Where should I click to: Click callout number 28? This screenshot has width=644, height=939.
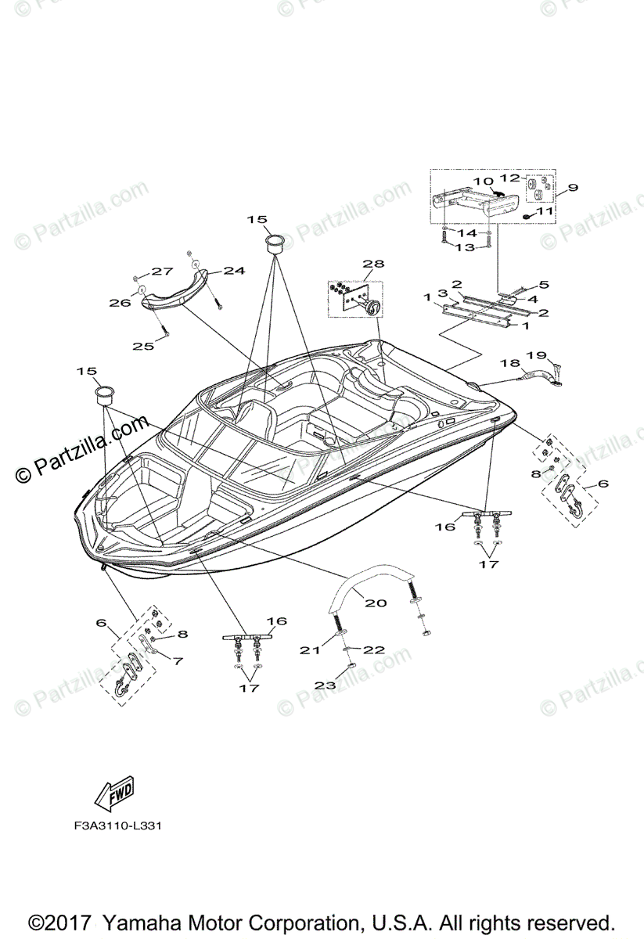(374, 264)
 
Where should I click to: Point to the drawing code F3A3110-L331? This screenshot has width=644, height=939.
(119, 826)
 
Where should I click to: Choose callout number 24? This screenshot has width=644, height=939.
(234, 271)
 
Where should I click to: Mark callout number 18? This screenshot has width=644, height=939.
(509, 363)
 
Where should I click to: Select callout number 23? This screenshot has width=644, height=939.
(325, 685)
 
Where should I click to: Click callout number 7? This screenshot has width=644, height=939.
(178, 660)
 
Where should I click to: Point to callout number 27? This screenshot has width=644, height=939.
(162, 272)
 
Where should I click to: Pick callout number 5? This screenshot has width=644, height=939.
(544, 285)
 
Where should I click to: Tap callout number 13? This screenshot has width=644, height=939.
(465, 247)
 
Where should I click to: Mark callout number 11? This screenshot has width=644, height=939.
(545, 211)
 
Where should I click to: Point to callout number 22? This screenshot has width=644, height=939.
(373, 649)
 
